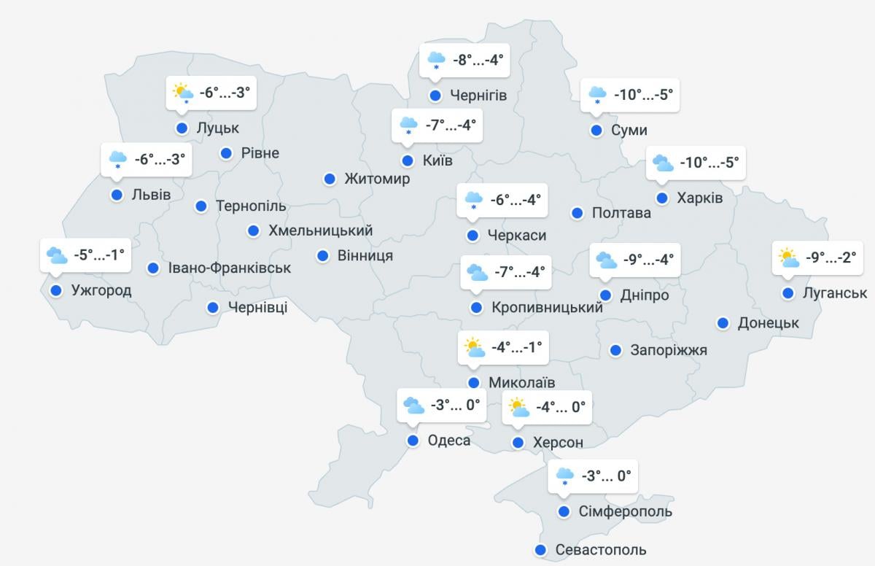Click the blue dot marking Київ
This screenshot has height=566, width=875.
[x=407, y=160]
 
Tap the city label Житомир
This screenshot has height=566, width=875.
[x=377, y=179]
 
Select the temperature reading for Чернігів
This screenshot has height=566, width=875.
[x=478, y=59]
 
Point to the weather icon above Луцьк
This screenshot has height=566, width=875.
[x=182, y=93]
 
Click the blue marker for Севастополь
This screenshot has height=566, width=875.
[x=540, y=550]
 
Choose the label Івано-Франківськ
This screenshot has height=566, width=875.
[x=230, y=268]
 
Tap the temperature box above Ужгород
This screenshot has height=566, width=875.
[x=99, y=255]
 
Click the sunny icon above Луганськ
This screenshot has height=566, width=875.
[x=787, y=257]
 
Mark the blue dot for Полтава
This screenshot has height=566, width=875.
[x=577, y=213]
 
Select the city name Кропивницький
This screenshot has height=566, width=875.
[x=547, y=308]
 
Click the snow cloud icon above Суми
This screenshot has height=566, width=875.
[x=597, y=95]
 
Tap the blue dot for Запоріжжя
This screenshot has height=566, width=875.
[x=615, y=350]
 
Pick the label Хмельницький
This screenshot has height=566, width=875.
[x=321, y=230]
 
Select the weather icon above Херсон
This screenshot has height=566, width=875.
[x=518, y=407]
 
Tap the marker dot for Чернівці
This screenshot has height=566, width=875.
[x=213, y=308]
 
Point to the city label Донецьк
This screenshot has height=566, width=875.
[x=769, y=323]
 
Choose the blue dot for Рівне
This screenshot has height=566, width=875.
[x=226, y=153]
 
